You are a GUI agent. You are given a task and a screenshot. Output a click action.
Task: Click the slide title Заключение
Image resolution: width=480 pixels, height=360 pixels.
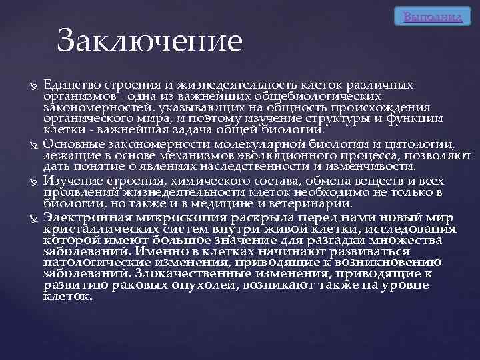coord(149,41)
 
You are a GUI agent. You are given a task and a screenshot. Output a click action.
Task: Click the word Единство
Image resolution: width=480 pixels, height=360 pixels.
coord(70,85)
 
